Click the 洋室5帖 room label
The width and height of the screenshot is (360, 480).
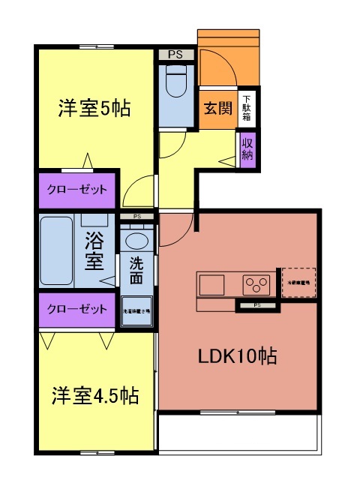coord(94,109)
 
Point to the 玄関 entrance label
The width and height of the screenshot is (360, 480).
coord(217,108)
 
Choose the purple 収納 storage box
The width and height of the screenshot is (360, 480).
coord(247,148)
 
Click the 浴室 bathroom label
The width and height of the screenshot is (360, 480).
coord(94,252)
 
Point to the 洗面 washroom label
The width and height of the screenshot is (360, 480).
coord(136,271)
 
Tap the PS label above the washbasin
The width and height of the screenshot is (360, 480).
coord(136,217)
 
